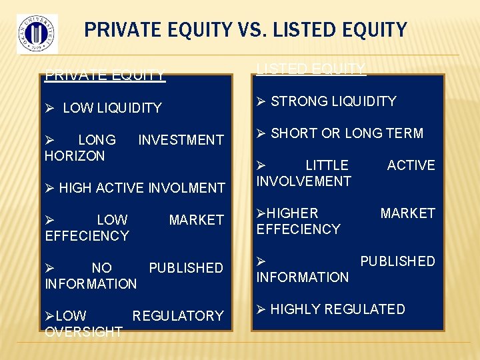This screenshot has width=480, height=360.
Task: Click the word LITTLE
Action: [x=327, y=165]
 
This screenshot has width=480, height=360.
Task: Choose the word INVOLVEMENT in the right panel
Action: [x=304, y=181]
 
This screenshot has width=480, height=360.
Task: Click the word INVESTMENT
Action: [x=181, y=140]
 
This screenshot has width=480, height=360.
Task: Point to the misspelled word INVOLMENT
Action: [x=187, y=188]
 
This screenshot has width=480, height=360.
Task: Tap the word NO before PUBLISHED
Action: [x=101, y=268]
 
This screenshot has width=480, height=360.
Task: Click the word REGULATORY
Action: [x=178, y=316]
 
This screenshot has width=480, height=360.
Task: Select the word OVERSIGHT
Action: [x=83, y=331]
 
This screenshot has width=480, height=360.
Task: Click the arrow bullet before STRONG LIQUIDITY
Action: [x=261, y=101]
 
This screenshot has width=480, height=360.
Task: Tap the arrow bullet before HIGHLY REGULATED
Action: [x=261, y=309]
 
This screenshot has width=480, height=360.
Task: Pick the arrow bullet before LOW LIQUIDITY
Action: [x=49, y=108]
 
